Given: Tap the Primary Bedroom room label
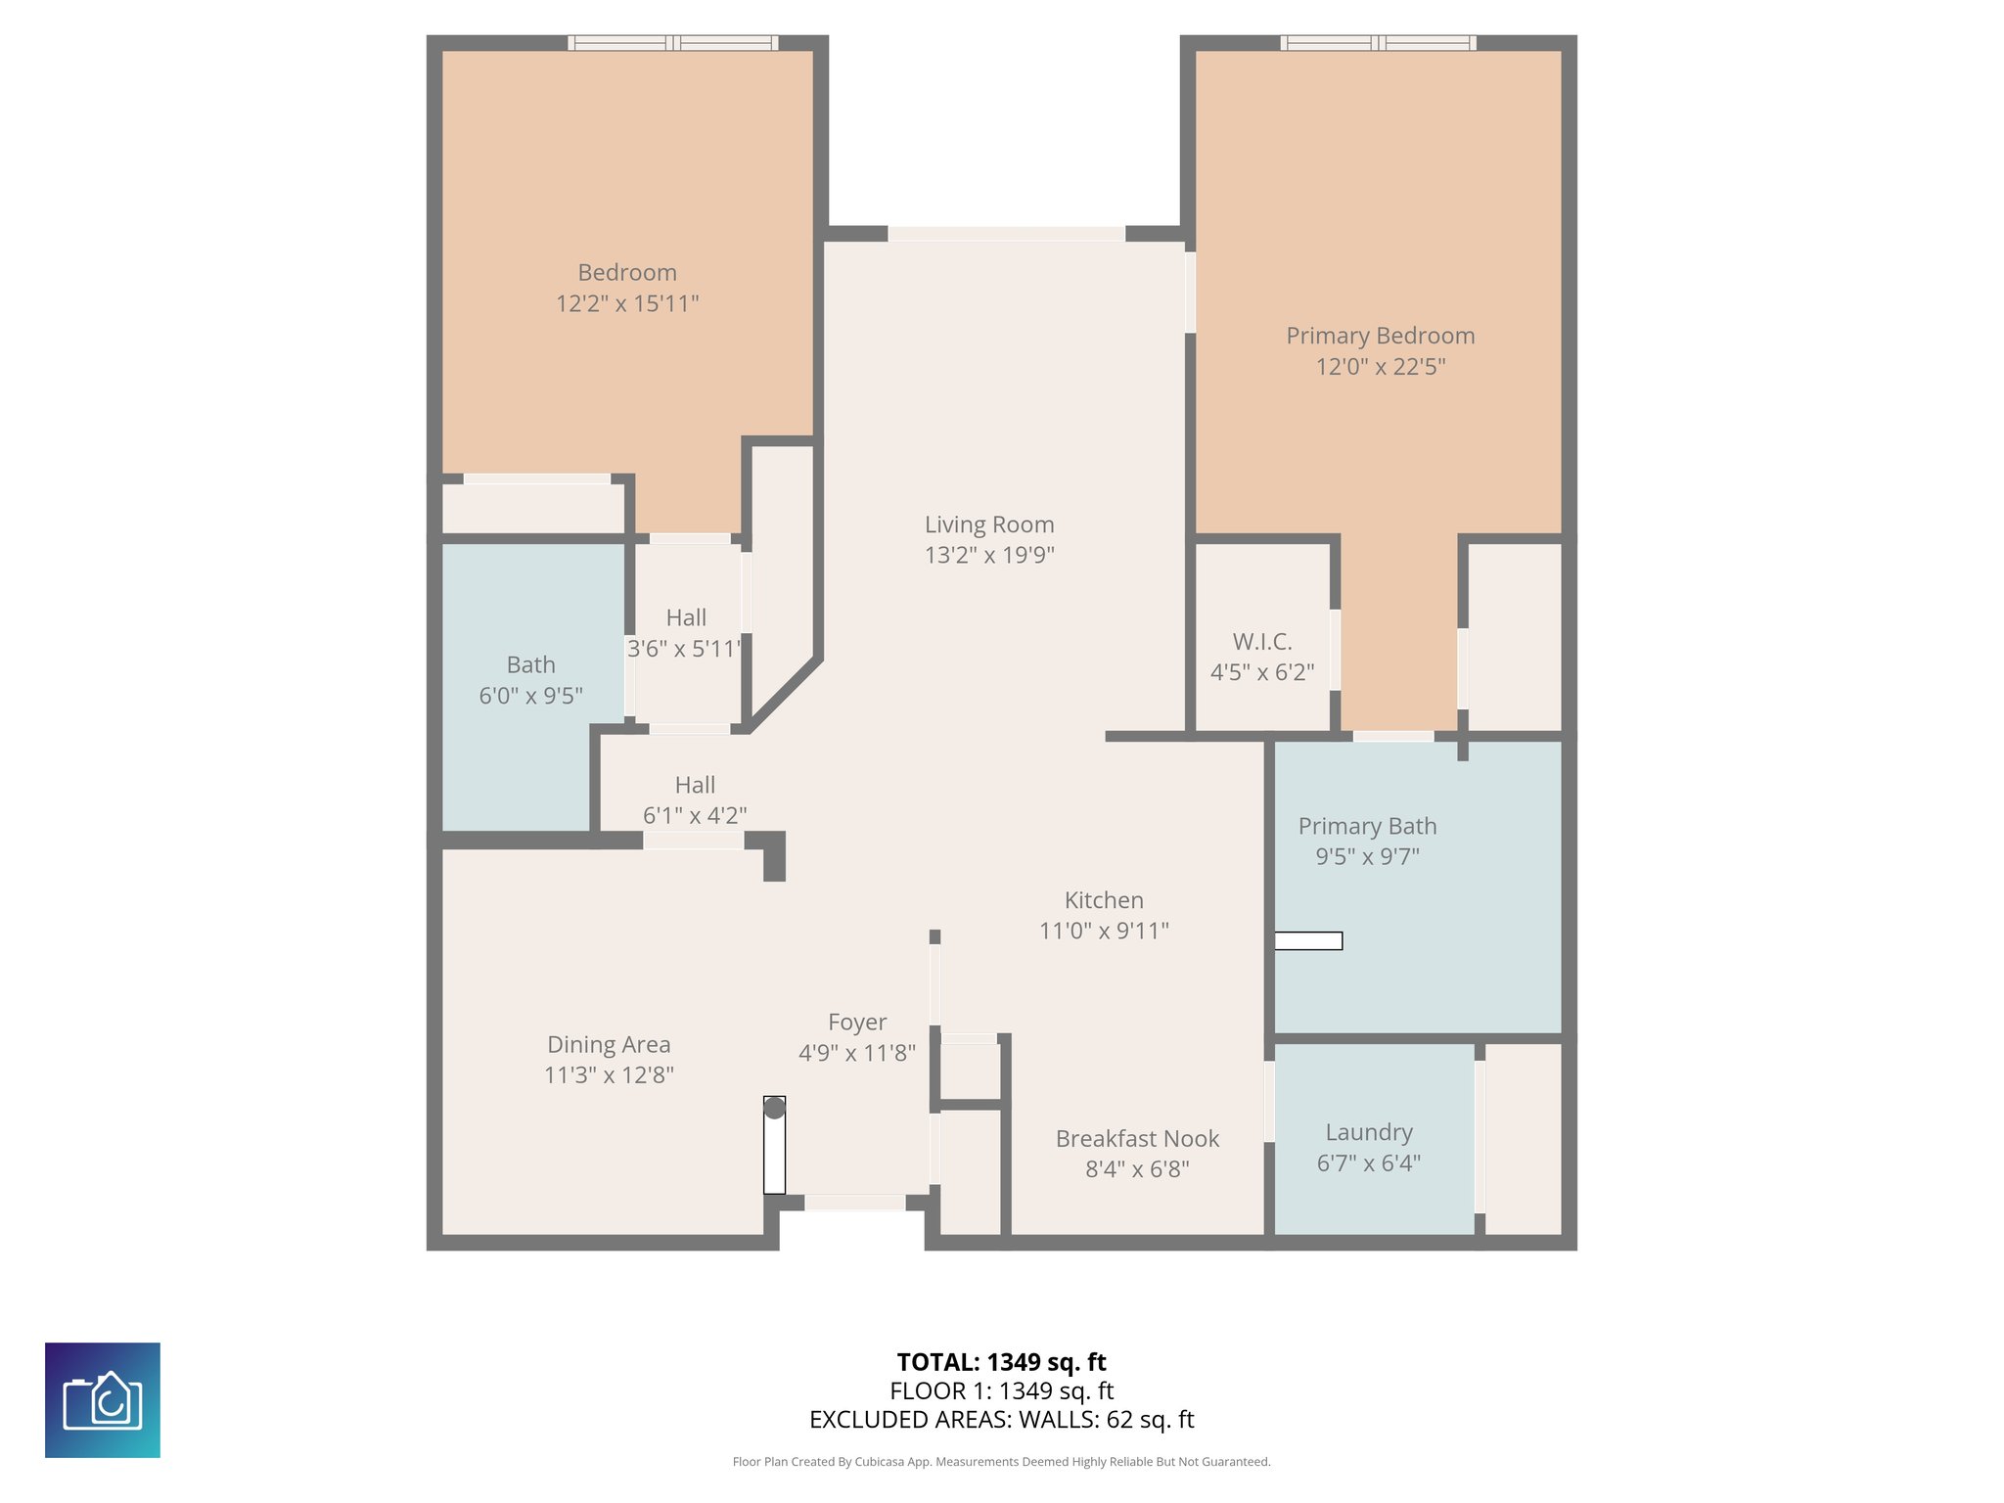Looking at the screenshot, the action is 1380,336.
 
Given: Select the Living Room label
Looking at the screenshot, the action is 989,524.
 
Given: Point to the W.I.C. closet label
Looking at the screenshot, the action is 1262,642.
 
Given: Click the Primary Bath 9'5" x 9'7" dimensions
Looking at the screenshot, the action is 1367,856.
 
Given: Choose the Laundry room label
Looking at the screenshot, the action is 1369,1132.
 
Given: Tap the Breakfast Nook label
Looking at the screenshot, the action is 1137,1138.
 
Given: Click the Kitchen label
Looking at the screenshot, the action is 1104,900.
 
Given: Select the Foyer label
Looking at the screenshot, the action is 857,1023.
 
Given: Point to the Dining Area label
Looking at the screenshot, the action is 609,1045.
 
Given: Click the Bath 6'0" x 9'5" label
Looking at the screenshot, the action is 530,680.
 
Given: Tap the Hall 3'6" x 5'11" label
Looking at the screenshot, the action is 685,633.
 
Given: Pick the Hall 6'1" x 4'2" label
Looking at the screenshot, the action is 695,799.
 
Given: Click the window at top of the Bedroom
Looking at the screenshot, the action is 673,43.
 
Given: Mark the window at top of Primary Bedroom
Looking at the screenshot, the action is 1378,43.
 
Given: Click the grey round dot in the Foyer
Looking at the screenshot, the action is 774,1108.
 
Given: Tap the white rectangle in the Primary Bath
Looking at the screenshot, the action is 1308,940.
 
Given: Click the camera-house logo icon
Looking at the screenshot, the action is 103,1400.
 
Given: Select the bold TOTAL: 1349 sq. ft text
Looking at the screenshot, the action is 1001,1362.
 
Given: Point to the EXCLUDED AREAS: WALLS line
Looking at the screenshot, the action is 1001,1420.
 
